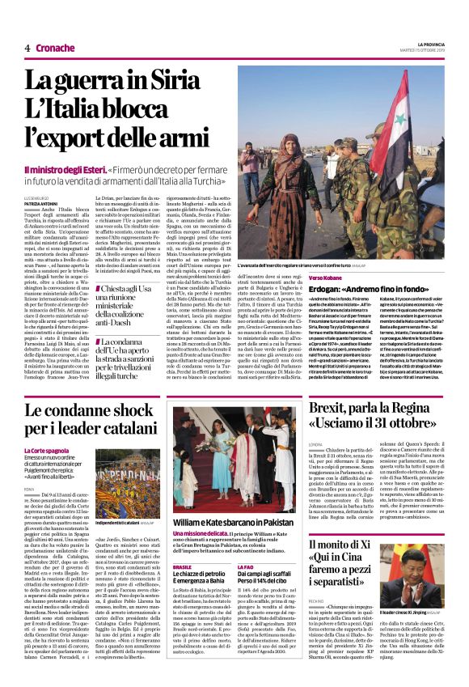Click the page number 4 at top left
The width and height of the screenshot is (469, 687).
click(x=27, y=48)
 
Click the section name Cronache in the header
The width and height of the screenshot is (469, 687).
click(x=55, y=48)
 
